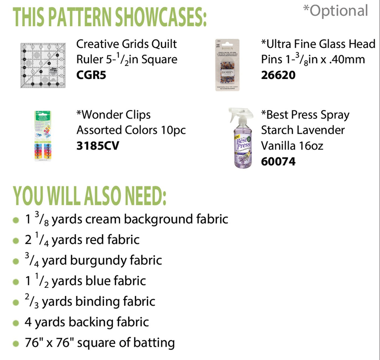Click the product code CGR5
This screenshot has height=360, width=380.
pyautogui.click(x=91, y=75)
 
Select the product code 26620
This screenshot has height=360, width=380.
pyautogui.click(x=278, y=75)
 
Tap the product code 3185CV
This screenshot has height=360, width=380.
pyautogui.click(x=98, y=146)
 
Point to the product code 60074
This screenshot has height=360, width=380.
pyautogui.click(x=278, y=161)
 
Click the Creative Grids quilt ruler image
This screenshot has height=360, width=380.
pyautogui.click(x=43, y=65)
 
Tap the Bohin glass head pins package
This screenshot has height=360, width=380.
pyautogui.click(x=227, y=65)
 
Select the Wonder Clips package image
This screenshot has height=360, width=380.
pyautogui.click(x=43, y=136)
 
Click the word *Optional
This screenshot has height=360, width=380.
pyautogui.click(x=336, y=11)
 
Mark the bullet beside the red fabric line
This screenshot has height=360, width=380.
pyautogui.click(x=16, y=241)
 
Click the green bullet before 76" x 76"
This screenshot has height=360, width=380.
pyautogui.click(x=16, y=344)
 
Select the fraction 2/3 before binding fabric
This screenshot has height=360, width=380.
pyautogui.click(x=32, y=301)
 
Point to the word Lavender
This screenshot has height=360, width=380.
pyautogui.click(x=324, y=130)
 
